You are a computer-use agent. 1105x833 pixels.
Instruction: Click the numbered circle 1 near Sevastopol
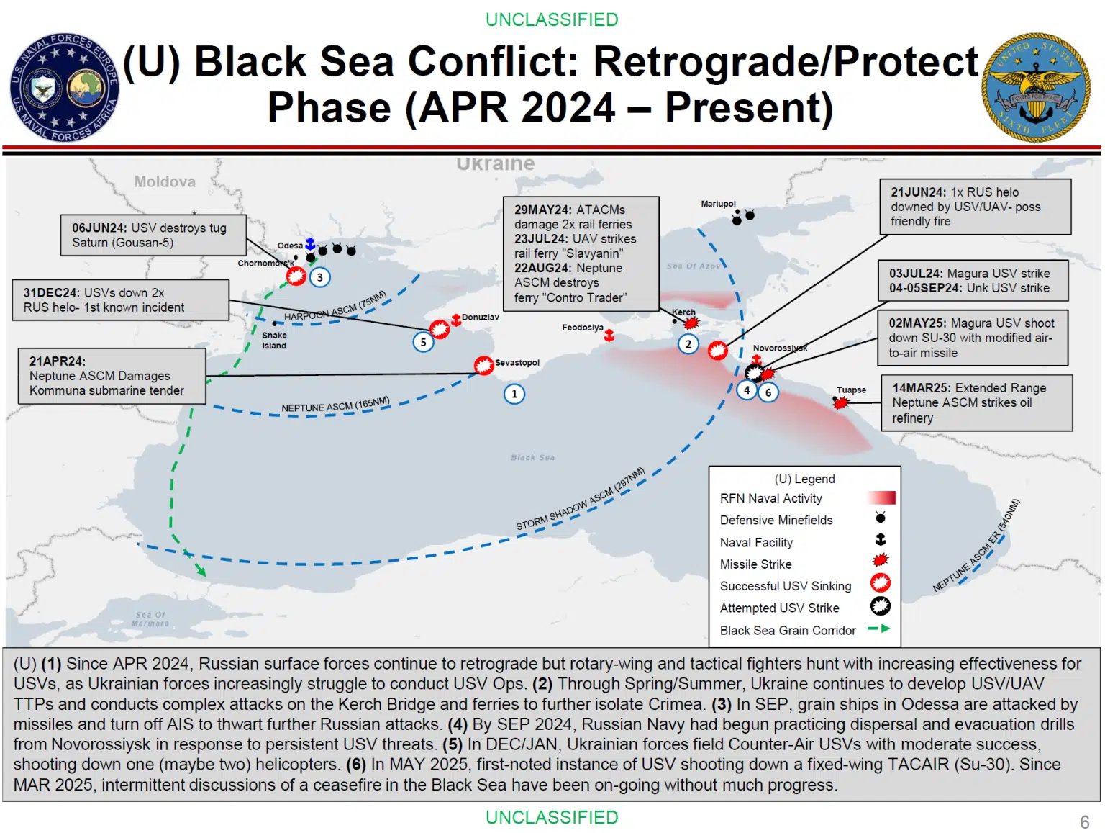[x=514, y=393]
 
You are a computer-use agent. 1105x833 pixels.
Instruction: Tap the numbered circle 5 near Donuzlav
[x=423, y=342]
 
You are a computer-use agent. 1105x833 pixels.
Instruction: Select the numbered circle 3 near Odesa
[x=319, y=277]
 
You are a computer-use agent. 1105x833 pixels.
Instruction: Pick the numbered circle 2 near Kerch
[x=688, y=344]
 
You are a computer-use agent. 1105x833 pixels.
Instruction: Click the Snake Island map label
[x=274, y=340]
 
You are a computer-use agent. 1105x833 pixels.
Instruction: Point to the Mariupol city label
[x=718, y=204]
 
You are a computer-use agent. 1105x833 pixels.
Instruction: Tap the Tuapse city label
[x=851, y=390]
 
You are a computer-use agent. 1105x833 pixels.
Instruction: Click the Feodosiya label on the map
[x=583, y=327]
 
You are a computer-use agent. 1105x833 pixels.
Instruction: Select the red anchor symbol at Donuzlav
[x=456, y=319]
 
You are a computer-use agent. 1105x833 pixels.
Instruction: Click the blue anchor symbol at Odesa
[x=310, y=244]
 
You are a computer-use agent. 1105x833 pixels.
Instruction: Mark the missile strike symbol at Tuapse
[x=840, y=402]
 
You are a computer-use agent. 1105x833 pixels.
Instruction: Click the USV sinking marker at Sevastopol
[x=483, y=366]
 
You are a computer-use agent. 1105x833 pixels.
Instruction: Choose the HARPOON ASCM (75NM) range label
[x=335, y=306]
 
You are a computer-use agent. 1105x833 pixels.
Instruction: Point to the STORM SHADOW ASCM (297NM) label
[x=580, y=499]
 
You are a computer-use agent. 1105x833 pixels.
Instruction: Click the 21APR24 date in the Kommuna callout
[x=57, y=361]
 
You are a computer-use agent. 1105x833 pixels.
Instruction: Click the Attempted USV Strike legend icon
[x=880, y=606]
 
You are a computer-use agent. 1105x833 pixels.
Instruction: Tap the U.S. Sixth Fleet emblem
[x=1035, y=87]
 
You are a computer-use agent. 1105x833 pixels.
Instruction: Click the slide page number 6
[x=1084, y=821]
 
